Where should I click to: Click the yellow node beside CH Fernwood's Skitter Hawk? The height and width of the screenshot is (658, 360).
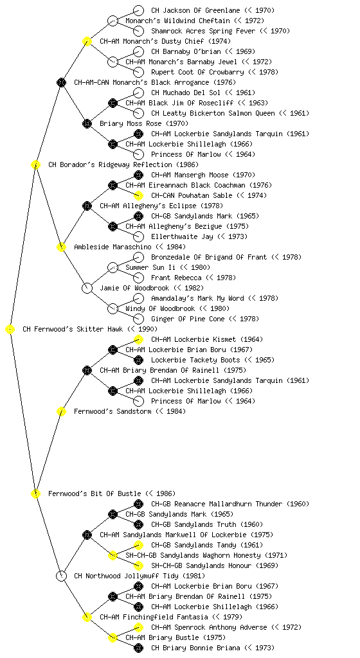[x=10, y=329]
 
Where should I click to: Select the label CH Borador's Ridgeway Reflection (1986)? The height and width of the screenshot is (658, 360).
[x=123, y=164]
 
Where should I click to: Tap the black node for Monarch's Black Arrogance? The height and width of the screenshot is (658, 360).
[x=61, y=82]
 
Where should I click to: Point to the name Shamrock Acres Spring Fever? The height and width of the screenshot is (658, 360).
[x=203, y=31]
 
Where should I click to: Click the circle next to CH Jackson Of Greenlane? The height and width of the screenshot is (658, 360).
[x=138, y=10]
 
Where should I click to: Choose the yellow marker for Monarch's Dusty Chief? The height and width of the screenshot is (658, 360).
[x=87, y=41]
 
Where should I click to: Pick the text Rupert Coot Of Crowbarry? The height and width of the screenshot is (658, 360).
[x=197, y=72]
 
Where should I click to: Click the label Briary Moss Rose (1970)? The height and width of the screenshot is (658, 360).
[x=144, y=123]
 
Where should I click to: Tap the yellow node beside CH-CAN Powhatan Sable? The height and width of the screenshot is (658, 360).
[x=138, y=195]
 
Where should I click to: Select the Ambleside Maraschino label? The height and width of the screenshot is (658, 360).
[x=113, y=247]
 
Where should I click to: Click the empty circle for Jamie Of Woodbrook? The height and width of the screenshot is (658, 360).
[x=87, y=288]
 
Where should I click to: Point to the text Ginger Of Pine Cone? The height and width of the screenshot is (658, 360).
[x=188, y=319]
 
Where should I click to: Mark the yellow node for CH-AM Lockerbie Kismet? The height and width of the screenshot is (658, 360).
[x=138, y=339]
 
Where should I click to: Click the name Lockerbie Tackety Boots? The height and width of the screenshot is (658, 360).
[x=195, y=360]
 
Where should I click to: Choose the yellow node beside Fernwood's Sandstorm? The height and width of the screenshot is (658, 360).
[x=61, y=411]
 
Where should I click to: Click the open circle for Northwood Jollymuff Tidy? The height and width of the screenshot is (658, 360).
[x=61, y=576]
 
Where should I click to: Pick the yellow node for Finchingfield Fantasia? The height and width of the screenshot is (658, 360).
[x=87, y=617]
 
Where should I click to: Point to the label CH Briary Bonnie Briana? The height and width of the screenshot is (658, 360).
[x=195, y=648]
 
